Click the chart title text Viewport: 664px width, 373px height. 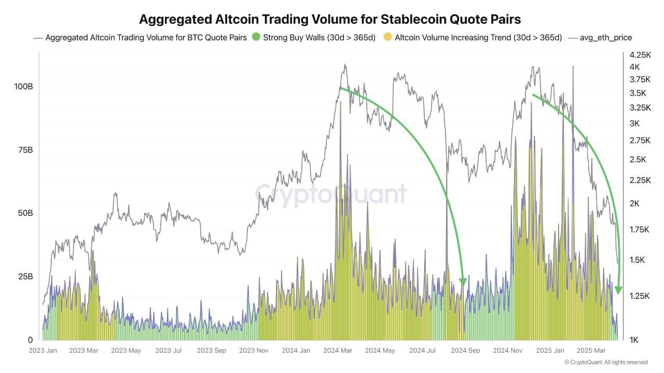click(x=330, y=19)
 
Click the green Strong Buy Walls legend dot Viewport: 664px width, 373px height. click(x=255, y=37)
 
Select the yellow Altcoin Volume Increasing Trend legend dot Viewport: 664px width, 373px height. click(x=387, y=37)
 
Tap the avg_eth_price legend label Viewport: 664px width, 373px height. click(x=605, y=37)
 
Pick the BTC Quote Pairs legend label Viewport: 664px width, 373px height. click(x=146, y=37)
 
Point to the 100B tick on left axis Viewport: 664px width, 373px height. click(x=23, y=87)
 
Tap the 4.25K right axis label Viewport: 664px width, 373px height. click(x=640, y=54)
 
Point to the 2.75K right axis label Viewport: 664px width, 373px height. click(x=640, y=140)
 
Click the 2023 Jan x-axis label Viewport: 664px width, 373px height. click(x=43, y=351)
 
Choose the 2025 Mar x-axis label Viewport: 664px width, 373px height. click(x=592, y=351)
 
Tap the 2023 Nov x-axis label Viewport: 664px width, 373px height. click(x=254, y=351)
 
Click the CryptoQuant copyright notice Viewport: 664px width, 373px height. click(x=605, y=362)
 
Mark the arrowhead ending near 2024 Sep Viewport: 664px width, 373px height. click(x=463, y=282)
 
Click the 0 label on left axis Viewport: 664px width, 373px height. click(x=30, y=340)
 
